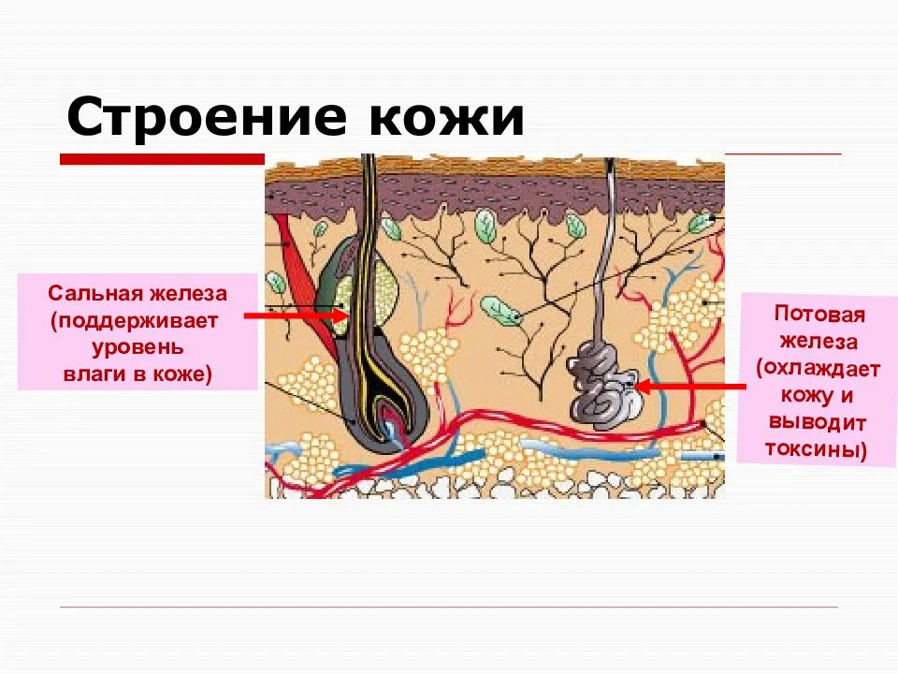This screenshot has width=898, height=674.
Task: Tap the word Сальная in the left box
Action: tap(94, 293)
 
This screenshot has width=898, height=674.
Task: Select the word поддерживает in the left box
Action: tap(137, 321)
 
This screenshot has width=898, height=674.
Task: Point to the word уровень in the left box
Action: tap(138, 348)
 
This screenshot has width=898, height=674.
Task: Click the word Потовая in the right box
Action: tap(819, 315)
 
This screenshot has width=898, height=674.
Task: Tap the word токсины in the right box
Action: tap(812, 448)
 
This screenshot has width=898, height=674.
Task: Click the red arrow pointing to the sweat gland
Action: tap(690, 387)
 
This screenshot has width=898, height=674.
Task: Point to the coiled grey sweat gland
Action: tap(604, 385)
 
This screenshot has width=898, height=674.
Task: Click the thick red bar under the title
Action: tap(162, 159)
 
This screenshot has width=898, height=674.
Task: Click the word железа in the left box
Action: tap(188, 293)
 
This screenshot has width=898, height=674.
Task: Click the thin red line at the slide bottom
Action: tap(449, 607)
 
